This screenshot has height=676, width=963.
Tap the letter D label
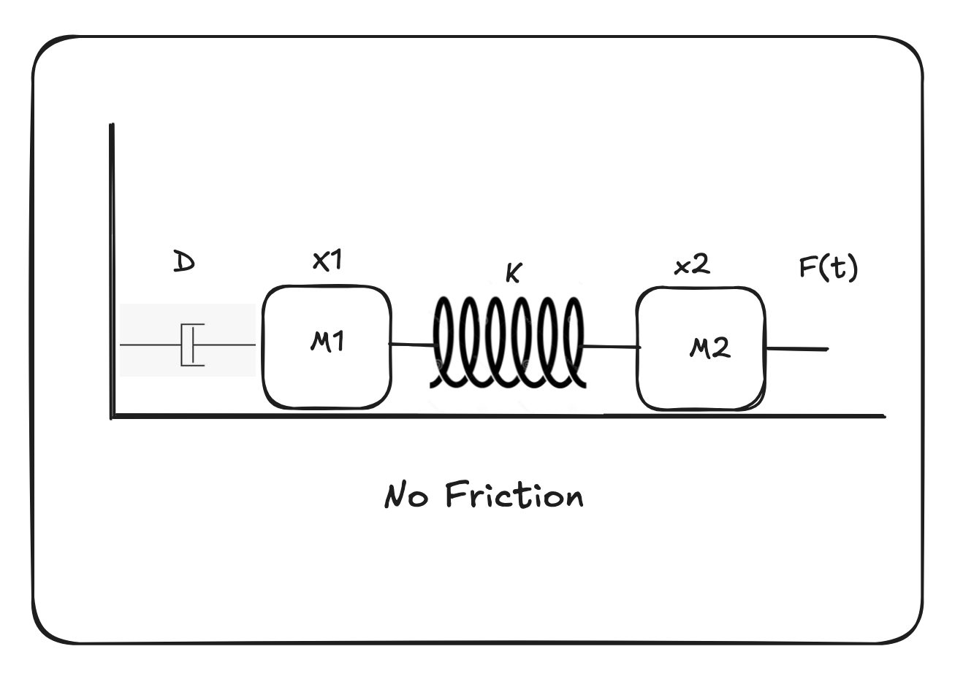183,261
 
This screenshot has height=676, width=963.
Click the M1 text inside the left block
327,342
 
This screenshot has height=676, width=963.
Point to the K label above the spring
514,274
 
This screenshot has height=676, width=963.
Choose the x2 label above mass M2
691,265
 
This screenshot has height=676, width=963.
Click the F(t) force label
828,268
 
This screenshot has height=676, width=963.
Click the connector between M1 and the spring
413,344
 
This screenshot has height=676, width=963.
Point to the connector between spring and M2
612,347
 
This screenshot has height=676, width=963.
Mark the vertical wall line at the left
112,270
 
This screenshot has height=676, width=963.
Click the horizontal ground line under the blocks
497,417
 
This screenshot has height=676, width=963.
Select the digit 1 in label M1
338,342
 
